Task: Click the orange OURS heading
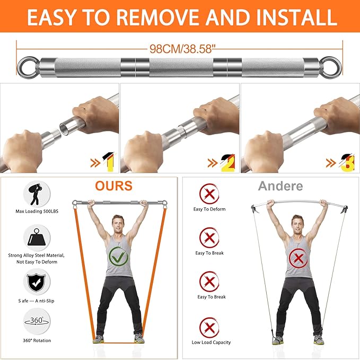tap(113, 186)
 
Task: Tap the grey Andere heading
tap(280, 186)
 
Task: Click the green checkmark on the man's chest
tap(119, 259)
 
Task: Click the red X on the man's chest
tap(298, 259)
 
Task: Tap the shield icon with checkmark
tap(37, 282)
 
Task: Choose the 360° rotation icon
tap(37, 322)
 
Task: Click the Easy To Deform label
tap(209, 209)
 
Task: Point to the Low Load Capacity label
tap(211, 343)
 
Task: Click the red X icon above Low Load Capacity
tap(209, 326)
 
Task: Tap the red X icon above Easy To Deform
tap(209, 193)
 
